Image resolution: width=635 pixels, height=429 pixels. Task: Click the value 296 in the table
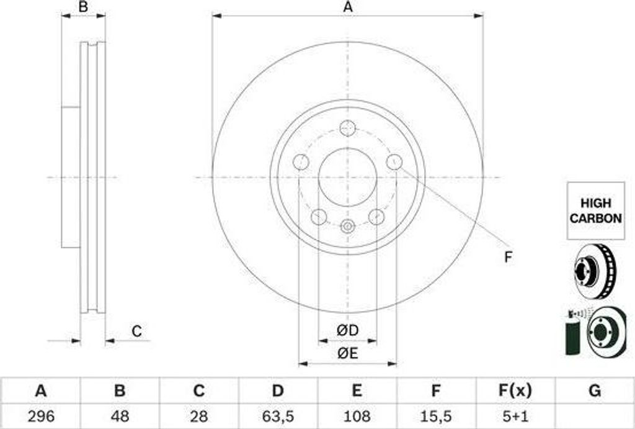41,416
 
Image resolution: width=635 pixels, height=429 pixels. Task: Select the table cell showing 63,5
278,416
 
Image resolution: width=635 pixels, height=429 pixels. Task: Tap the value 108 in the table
357,416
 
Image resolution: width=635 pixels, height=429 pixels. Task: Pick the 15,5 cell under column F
435,416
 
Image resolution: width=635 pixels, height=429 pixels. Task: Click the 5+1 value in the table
514,416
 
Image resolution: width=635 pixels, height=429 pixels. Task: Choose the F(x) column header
514,391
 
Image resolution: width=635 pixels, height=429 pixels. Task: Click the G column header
595,391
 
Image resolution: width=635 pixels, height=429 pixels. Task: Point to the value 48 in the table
120,416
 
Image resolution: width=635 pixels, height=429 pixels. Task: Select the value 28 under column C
199,416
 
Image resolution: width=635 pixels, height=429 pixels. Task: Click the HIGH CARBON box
595,211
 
